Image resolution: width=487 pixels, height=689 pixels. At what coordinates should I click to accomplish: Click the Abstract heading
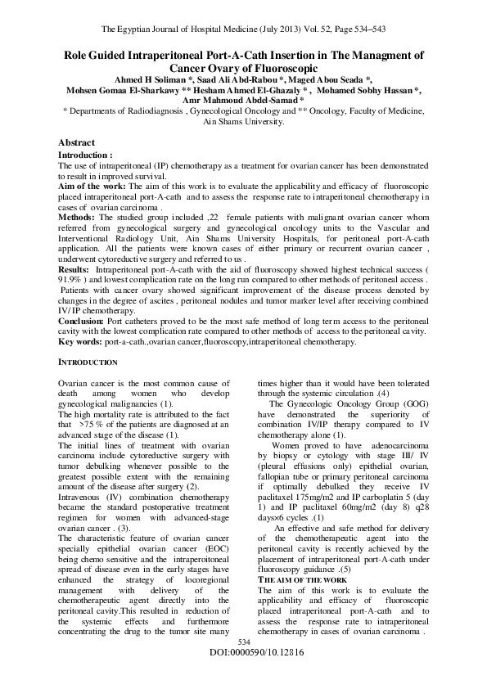76,142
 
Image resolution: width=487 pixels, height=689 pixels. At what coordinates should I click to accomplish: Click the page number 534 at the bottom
242,665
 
